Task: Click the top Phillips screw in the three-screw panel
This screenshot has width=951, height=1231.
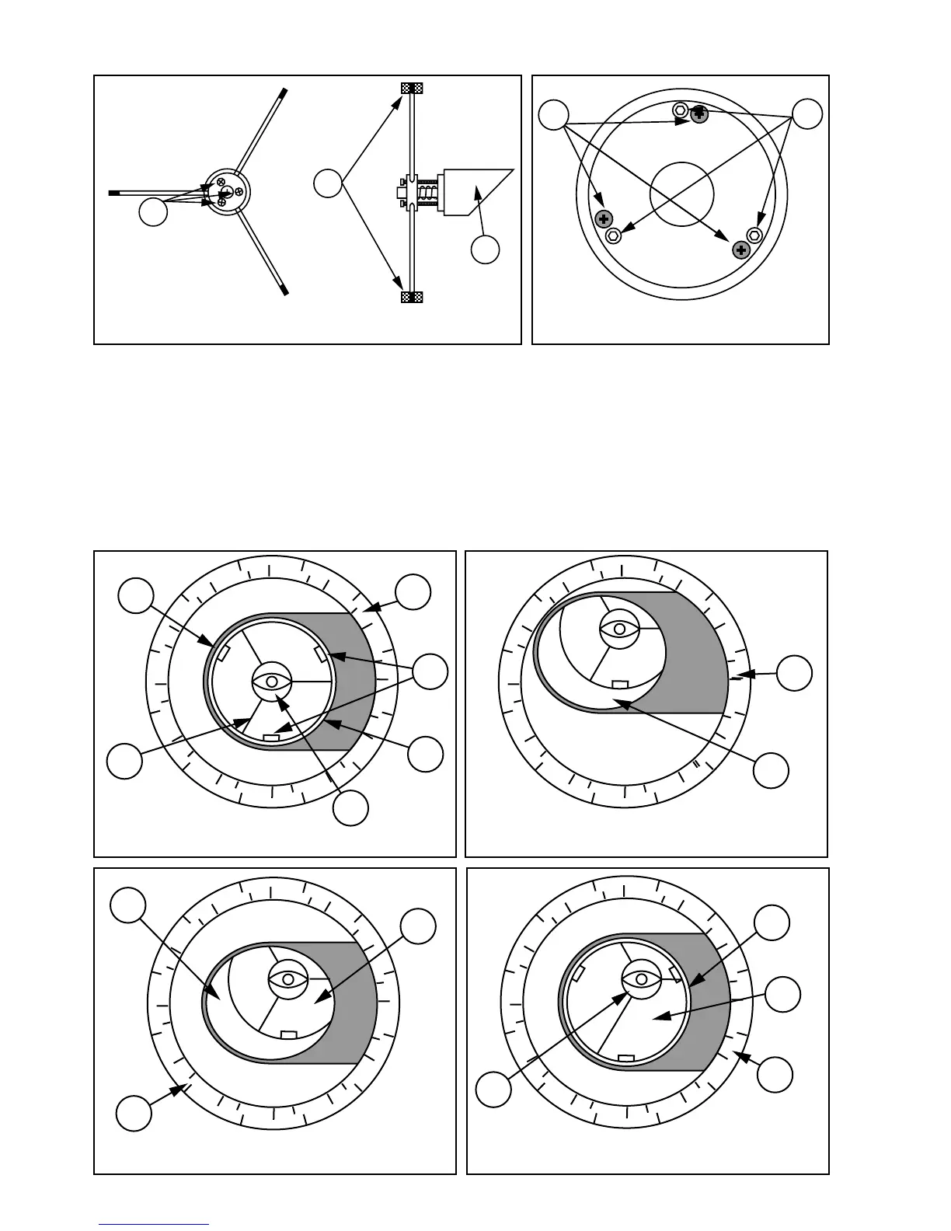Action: click(x=699, y=114)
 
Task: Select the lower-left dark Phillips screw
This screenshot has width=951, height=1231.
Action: click(x=603, y=219)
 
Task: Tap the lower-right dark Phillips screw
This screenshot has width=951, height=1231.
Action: click(x=741, y=249)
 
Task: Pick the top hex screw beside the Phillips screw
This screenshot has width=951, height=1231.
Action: click(x=681, y=110)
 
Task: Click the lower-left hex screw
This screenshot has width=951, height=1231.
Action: click(x=612, y=235)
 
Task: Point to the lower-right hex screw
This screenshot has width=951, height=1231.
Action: click(x=754, y=235)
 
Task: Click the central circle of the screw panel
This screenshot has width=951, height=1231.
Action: click(x=681, y=194)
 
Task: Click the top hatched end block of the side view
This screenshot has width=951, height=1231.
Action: click(x=411, y=88)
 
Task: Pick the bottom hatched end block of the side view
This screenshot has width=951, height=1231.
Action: click(x=411, y=298)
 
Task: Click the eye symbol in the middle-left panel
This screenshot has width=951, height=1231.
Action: click(x=272, y=681)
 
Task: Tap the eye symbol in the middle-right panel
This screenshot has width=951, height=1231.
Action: click(x=619, y=627)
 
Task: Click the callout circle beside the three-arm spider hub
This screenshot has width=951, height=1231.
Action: click(x=153, y=212)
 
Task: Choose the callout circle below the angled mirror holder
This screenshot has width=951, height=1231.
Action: click(x=486, y=249)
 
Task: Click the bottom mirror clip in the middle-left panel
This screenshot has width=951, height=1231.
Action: click(x=272, y=736)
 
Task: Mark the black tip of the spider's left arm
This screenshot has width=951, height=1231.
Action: click(x=115, y=190)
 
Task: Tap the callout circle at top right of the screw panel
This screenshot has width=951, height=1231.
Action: click(x=808, y=114)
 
